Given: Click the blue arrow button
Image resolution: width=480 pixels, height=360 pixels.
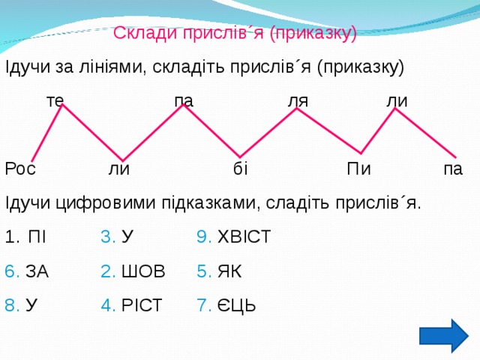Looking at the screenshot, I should click(x=448, y=334).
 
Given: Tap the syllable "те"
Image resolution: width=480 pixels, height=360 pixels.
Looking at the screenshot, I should click(x=55, y=100).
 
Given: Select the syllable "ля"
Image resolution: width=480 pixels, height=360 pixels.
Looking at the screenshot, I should click(x=298, y=100).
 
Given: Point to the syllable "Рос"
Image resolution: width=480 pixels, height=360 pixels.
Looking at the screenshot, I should click(x=20, y=169).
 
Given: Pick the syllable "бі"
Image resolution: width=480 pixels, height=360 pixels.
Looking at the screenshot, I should click(x=240, y=169).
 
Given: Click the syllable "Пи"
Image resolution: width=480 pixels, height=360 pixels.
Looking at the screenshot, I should click(x=358, y=169).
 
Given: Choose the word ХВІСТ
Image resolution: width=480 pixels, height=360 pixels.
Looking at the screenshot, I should click(x=244, y=238).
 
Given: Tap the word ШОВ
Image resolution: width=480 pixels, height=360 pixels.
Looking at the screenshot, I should click(x=142, y=271).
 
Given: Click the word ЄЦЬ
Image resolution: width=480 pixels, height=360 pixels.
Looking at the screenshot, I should click(x=237, y=305).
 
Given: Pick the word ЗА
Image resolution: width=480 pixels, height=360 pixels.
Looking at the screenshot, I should click(x=37, y=271).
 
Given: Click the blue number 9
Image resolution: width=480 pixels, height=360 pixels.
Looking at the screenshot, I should click(x=203, y=238).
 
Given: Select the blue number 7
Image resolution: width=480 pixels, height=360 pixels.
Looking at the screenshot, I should click(x=203, y=305).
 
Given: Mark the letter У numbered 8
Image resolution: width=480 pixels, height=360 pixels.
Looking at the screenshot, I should click(x=31, y=305).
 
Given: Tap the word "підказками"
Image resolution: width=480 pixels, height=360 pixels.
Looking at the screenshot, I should click(x=208, y=203).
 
